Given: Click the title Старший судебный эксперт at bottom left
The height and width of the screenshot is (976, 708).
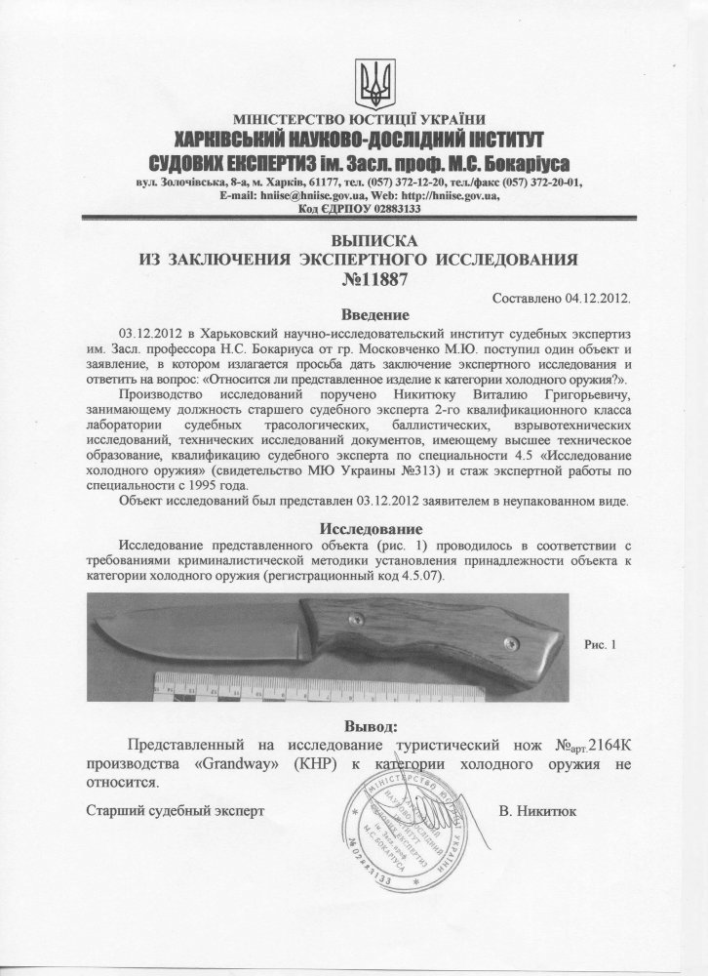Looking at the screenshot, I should (x=176, y=810).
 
